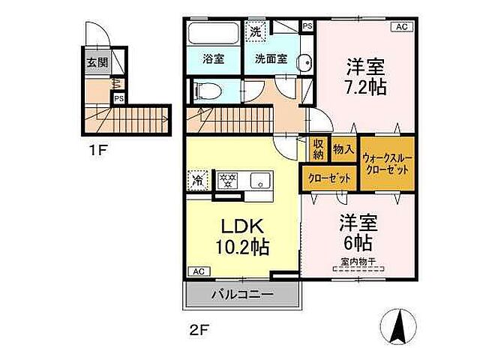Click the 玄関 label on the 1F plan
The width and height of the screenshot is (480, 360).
point(96,63)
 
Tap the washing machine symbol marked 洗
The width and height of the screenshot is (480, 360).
point(256,32)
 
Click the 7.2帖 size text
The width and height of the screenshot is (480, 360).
point(366,87)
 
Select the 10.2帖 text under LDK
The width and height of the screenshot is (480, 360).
point(244,247)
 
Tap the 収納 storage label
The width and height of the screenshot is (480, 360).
point(318,149)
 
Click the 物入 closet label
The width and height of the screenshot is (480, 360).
point(343,149)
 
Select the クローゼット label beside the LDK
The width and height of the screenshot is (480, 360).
point(328,178)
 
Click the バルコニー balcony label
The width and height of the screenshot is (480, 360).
point(241,294)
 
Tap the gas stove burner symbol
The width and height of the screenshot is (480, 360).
point(227,180)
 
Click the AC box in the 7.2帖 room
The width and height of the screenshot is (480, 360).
point(401,27)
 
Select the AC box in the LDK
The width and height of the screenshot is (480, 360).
point(198,271)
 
